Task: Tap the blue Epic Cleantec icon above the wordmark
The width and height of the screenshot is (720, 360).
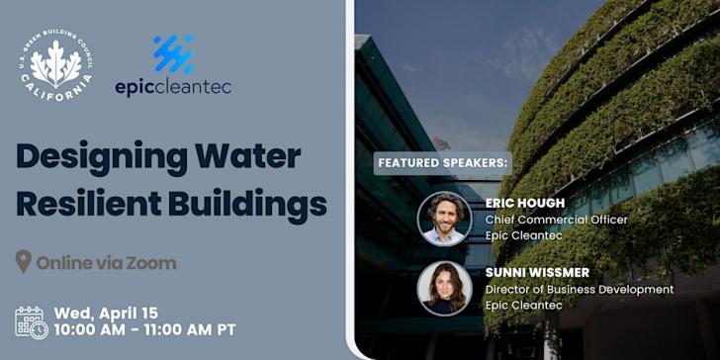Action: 173,54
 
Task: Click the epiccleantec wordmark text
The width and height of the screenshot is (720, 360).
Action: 173,87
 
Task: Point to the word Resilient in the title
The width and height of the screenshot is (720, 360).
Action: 82,205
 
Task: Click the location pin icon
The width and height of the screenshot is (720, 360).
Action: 24,262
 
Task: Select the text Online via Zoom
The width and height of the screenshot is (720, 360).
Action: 106,263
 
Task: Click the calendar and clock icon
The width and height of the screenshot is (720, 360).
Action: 31,322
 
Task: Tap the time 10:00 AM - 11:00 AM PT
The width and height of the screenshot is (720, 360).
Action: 145,330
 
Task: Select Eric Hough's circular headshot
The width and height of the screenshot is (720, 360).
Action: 444,218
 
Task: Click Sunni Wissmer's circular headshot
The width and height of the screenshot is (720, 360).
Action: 444,288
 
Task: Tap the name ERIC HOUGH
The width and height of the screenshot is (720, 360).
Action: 525,203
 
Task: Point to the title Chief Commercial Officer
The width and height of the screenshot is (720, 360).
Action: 556,220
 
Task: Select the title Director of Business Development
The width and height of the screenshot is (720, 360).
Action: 579,289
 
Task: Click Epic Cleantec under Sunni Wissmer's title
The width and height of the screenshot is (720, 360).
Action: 525,306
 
